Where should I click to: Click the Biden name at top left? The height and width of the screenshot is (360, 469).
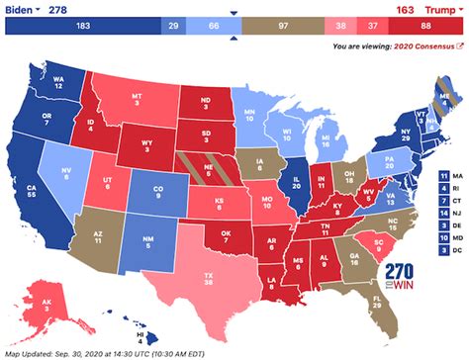[x=24, y=9]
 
